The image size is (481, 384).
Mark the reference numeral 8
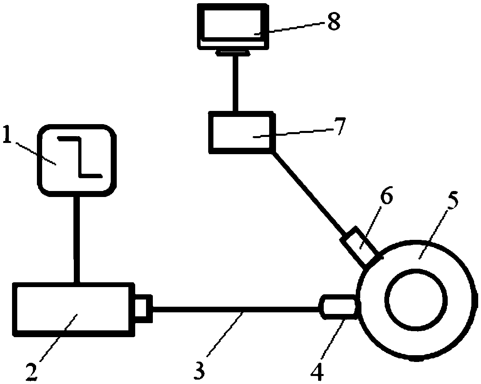coord(333,22)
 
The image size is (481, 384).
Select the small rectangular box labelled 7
coord(241,133)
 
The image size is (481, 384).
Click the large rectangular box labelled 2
coord(72,308)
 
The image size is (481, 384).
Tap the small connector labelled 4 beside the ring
coord(337,308)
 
